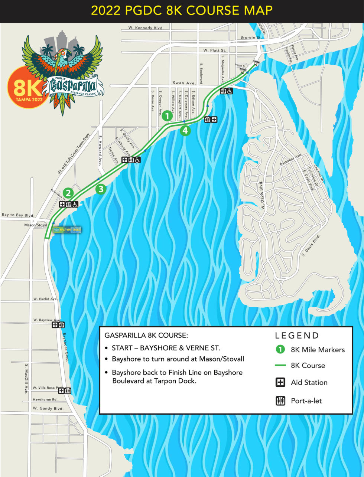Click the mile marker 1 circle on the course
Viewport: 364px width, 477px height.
tap(167, 116)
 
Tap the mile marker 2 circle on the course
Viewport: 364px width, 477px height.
tap(68, 193)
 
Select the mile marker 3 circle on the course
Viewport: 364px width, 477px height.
tap(101, 189)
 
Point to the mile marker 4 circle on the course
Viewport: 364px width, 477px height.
tap(185, 130)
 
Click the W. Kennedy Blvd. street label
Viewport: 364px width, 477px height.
tap(146, 28)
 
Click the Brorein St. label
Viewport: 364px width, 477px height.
tap(251, 37)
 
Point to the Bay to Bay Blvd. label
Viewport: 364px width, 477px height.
tap(18, 215)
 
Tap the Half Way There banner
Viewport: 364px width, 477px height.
tap(67, 230)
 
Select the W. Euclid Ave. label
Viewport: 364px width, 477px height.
tap(45, 299)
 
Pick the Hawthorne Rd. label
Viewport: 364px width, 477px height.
tap(45, 400)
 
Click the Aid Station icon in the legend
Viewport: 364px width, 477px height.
tap(280, 382)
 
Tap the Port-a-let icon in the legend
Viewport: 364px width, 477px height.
tap(280, 401)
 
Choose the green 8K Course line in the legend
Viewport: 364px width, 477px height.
tap(280, 366)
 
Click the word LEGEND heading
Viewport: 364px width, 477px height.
tap(297, 336)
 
